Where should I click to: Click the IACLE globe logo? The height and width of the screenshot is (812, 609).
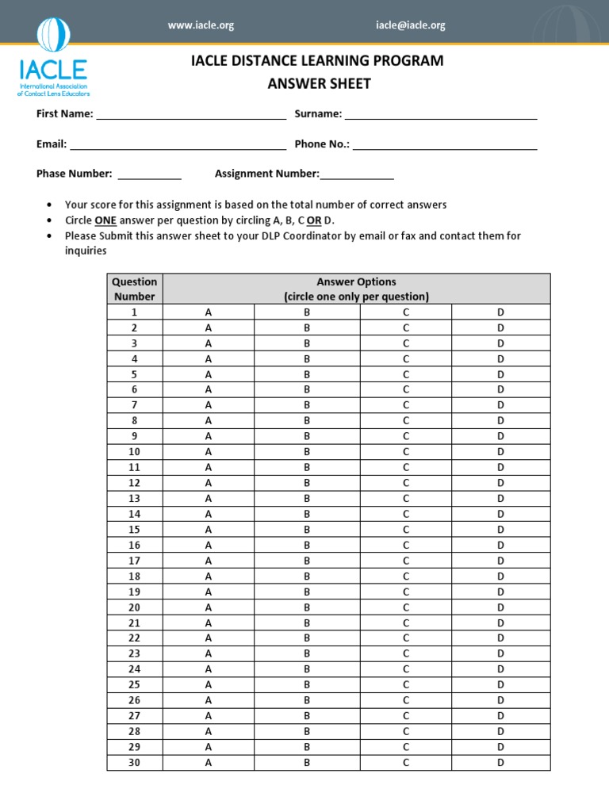(54, 36)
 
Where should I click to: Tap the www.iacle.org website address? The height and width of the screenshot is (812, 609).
(201, 25)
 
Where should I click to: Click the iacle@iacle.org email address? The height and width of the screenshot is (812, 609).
(410, 25)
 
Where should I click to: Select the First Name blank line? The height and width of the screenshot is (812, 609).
(190, 116)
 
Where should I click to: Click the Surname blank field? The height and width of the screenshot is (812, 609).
(441, 116)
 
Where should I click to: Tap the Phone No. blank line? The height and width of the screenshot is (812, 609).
(445, 146)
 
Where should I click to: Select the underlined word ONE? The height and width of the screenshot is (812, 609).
(105, 220)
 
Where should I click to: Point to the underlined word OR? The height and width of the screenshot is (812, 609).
(314, 220)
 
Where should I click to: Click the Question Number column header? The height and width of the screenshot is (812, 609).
(134, 289)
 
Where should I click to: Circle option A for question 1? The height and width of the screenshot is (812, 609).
(209, 312)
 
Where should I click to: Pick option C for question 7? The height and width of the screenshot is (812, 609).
(405, 405)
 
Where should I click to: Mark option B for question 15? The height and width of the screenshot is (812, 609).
(307, 530)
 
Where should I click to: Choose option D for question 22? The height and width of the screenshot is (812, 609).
(500, 638)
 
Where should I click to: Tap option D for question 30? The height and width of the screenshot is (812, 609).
(500, 763)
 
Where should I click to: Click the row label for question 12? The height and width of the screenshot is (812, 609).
(134, 483)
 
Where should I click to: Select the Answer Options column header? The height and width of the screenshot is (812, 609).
(356, 289)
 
